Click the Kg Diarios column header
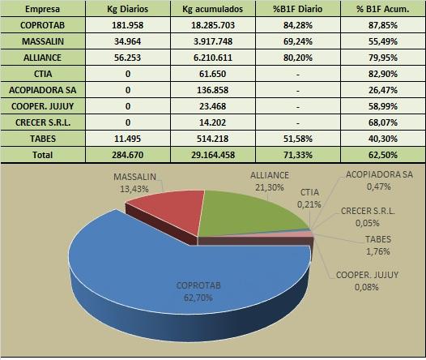127,9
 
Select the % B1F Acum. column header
382,9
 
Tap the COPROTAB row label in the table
42,25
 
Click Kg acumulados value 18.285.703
213,25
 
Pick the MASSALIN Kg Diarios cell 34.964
127,41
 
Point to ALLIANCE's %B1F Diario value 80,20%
298,58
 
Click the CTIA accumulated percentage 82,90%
383,74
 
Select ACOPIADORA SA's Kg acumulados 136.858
213,90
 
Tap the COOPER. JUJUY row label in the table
42,106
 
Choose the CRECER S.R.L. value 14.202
213,122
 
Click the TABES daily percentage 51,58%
298,139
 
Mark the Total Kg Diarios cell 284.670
127,155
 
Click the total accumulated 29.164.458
213,155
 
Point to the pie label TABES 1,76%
378,245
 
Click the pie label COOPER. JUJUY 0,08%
367,281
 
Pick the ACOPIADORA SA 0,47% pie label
379,180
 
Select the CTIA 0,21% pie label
309,198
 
